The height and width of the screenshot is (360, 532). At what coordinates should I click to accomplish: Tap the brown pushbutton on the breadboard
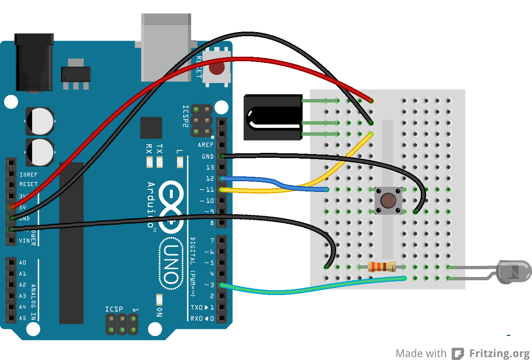[x=388, y=201]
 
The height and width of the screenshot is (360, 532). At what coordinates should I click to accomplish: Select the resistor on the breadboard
[x=381, y=267]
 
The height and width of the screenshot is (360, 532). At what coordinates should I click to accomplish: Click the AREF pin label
[x=205, y=145]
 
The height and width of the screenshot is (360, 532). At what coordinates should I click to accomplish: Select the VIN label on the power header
[x=24, y=240]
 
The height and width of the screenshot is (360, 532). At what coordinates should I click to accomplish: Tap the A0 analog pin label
[x=23, y=263]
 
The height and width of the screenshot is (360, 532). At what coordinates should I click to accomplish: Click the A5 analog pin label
[x=23, y=318]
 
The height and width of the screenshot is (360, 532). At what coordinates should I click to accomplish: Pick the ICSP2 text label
[x=185, y=116]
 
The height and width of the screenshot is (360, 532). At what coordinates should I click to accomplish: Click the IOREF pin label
[x=28, y=174]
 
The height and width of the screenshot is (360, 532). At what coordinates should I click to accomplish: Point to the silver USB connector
[x=166, y=47]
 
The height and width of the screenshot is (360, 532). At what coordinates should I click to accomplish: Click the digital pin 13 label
[x=210, y=167]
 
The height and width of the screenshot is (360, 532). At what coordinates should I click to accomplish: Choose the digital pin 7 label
[x=212, y=240]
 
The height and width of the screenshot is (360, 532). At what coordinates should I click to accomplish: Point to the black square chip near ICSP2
[x=151, y=128]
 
